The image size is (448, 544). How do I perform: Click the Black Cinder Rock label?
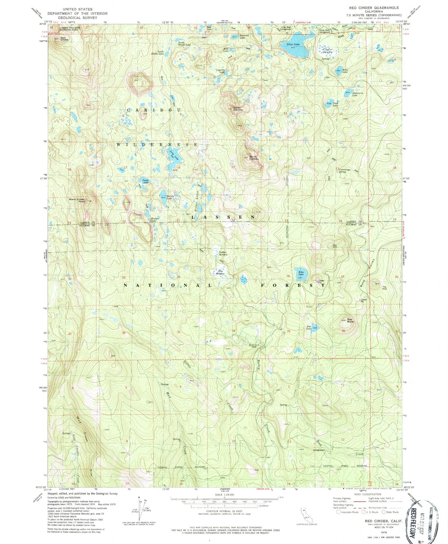pos(77,200)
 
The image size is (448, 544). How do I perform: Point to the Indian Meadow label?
pos(223,253)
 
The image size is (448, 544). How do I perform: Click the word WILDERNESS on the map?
pos(157,145)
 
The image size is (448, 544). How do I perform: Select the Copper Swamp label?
pos(327,50)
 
